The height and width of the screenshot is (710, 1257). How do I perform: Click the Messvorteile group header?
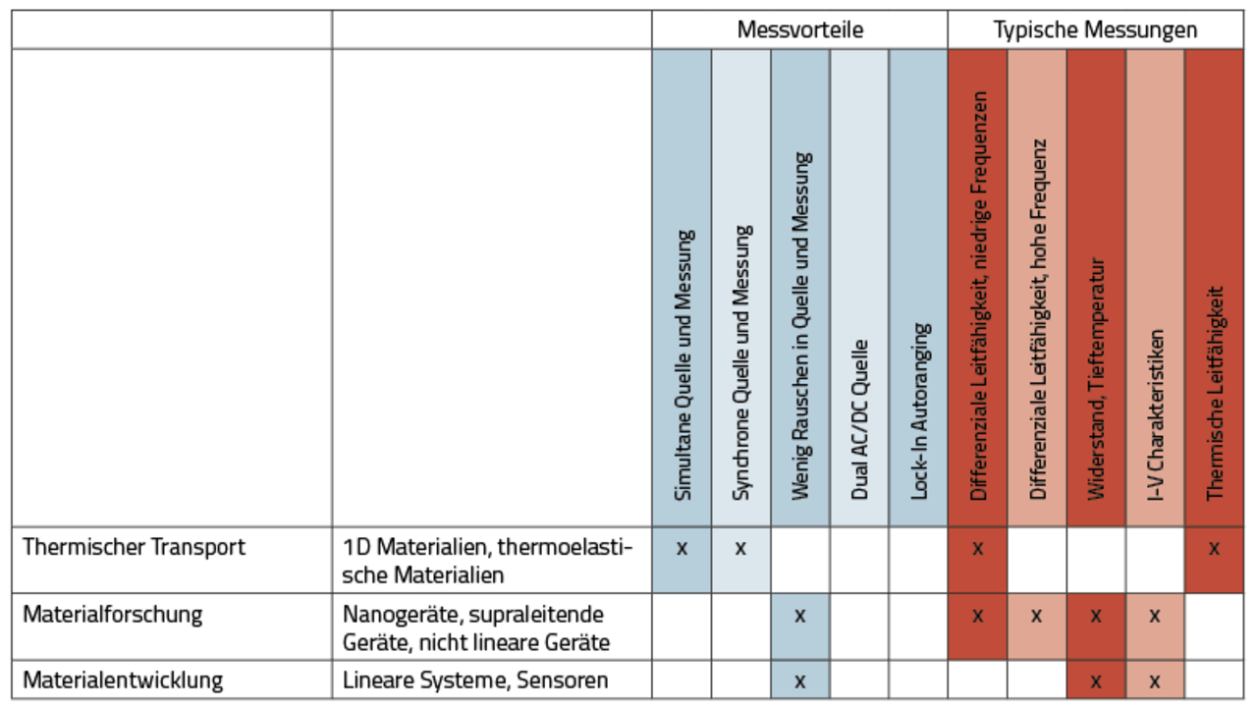pyautogui.click(x=799, y=29)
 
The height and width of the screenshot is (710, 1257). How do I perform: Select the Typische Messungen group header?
pyautogui.click(x=1095, y=29)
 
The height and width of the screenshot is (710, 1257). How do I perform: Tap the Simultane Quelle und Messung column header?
pyautogui.click(x=683, y=365)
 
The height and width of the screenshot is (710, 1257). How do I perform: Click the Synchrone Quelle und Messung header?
pyautogui.click(x=741, y=363)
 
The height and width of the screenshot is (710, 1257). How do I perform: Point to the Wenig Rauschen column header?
pyautogui.click(x=800, y=326)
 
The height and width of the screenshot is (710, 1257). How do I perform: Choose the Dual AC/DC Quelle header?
pyautogui.click(x=859, y=420)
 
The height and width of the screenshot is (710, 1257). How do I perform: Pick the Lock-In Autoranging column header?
pyautogui.click(x=919, y=411)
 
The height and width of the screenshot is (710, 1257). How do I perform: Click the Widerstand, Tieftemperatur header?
pyautogui.click(x=1096, y=379)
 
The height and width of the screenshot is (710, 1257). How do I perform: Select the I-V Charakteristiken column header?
pyautogui.click(x=1155, y=415)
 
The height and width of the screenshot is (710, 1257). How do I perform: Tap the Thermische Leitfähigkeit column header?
pyautogui.click(x=1215, y=394)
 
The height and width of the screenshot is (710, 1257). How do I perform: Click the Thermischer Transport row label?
pyautogui.click(x=134, y=547)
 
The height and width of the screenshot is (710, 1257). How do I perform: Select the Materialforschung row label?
pyautogui.click(x=112, y=615)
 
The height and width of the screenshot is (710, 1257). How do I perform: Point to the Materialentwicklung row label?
pyautogui.click(x=123, y=681)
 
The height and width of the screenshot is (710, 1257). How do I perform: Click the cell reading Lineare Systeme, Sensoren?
pyautogui.click(x=475, y=681)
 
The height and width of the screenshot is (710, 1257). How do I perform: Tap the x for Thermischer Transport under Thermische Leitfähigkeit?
pyautogui.click(x=1214, y=549)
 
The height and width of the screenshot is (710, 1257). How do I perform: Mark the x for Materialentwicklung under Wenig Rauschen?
pyautogui.click(x=800, y=682)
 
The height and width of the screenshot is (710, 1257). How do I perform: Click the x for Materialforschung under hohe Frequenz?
pyautogui.click(x=1036, y=617)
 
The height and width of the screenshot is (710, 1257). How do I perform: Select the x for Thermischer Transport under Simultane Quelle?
pyautogui.click(x=682, y=549)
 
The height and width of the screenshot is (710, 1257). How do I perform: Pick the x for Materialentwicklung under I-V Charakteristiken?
pyautogui.click(x=1154, y=682)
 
